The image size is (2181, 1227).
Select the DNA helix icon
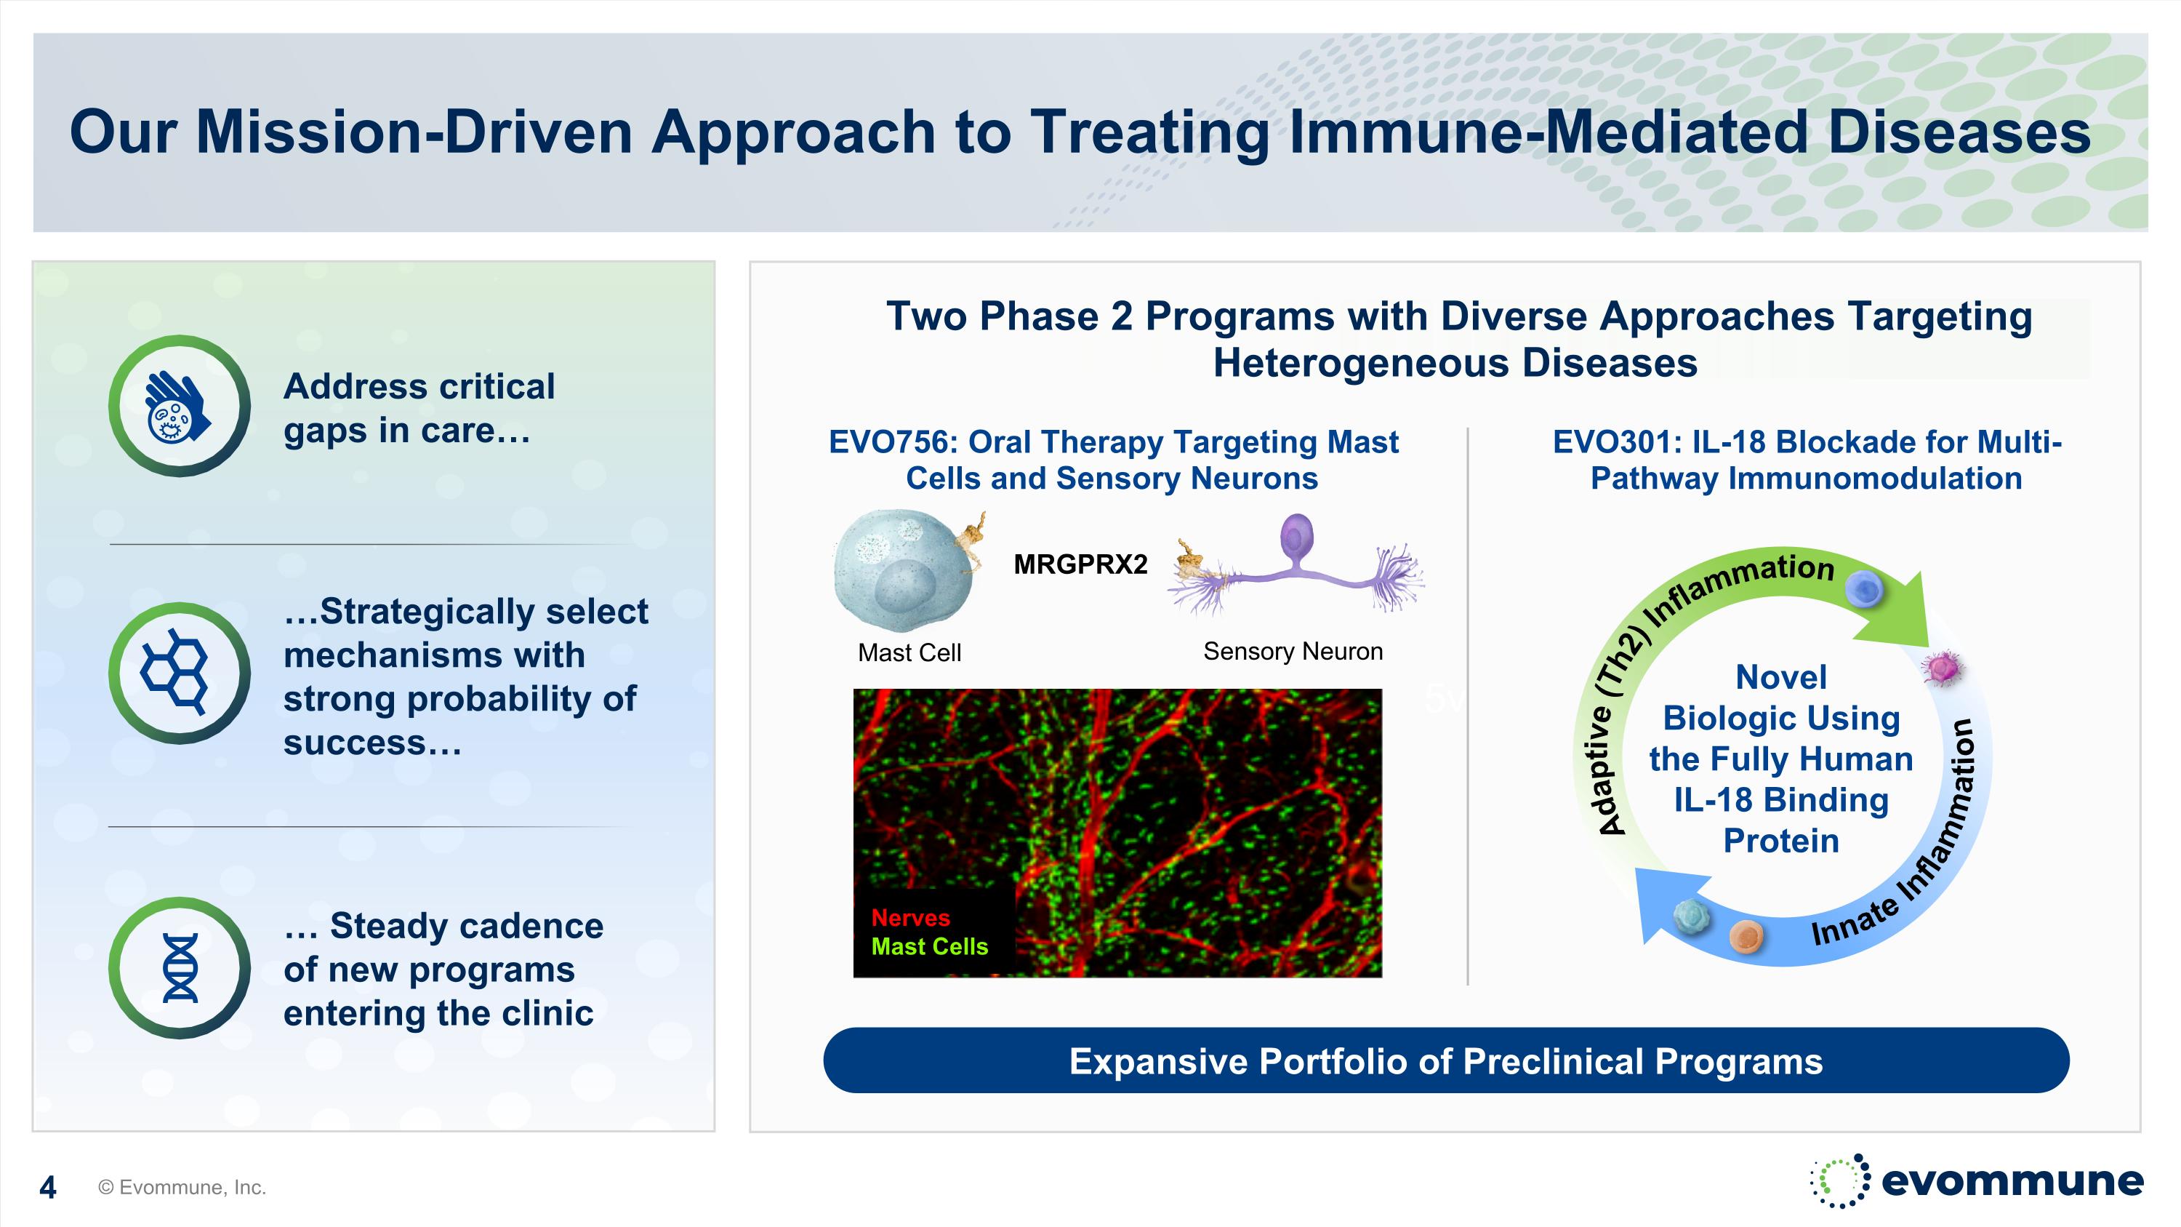[x=180, y=968]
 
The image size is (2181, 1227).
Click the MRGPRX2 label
[x=1080, y=564]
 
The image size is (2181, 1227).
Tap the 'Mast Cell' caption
[x=909, y=653]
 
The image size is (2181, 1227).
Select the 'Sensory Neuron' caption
[x=1293, y=651]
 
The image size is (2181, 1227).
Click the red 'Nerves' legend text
[x=910, y=918]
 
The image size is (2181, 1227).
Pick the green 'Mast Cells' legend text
[x=930, y=947]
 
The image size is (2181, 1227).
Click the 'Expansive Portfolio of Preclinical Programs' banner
[x=1446, y=1061]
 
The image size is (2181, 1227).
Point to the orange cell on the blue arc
[x=1746, y=935]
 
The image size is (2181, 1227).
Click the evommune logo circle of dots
[x=1840, y=1180]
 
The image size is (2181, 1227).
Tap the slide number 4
[x=48, y=1187]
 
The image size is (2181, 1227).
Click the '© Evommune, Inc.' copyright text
[x=182, y=1187]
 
